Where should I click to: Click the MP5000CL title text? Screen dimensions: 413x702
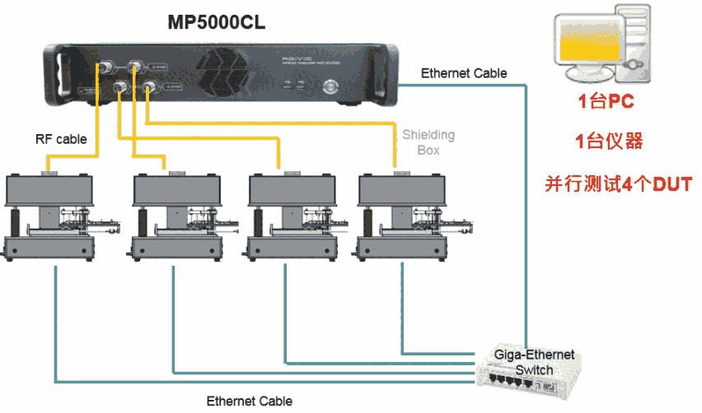click(217, 23)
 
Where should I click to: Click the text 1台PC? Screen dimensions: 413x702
click(606, 103)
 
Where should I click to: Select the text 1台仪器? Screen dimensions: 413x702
click(608, 142)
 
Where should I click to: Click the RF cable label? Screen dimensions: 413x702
click(60, 139)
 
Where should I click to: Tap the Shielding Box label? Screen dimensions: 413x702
click(428, 142)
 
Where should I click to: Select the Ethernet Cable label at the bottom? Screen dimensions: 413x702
click(249, 401)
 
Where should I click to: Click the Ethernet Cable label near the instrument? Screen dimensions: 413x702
click(464, 73)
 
